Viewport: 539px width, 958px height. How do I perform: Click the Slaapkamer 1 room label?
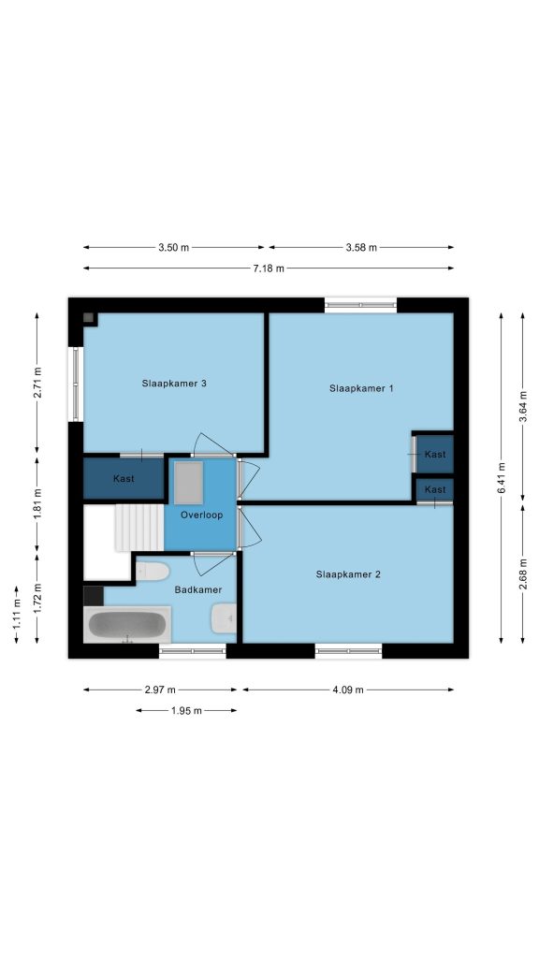pyautogui.click(x=361, y=388)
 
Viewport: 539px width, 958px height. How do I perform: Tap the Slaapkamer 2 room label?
pyautogui.click(x=348, y=574)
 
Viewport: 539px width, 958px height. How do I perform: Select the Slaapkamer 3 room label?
pyautogui.click(x=174, y=384)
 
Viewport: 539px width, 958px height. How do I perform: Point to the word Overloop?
pyautogui.click(x=202, y=515)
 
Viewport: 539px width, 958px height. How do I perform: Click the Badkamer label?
pyautogui.click(x=198, y=589)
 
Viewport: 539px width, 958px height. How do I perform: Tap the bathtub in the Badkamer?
pyautogui.click(x=127, y=624)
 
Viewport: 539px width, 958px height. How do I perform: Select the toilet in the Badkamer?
pyautogui.click(x=152, y=572)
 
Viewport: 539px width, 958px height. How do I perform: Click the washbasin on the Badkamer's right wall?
pyautogui.click(x=224, y=618)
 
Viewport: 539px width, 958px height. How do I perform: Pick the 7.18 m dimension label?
pyautogui.click(x=269, y=269)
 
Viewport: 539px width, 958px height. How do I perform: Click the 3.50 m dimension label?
pyautogui.click(x=173, y=247)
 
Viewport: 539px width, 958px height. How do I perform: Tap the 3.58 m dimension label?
pyautogui.click(x=361, y=247)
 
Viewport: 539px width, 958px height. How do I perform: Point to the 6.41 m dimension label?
pyautogui.click(x=502, y=478)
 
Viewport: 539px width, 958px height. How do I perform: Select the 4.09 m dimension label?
pyautogui.click(x=348, y=689)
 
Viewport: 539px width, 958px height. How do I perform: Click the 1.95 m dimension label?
pyautogui.click(x=186, y=711)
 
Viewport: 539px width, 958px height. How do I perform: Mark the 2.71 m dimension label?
pyautogui.click(x=37, y=383)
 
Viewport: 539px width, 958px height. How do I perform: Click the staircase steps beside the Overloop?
pyautogui.click(x=139, y=528)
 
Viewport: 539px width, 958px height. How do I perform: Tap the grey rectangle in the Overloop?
pyautogui.click(x=188, y=483)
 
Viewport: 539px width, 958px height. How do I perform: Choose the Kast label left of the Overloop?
pyautogui.click(x=124, y=478)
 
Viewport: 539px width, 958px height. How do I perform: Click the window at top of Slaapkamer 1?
pyautogui.click(x=360, y=305)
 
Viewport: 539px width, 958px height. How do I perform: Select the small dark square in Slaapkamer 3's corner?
pyautogui.click(x=89, y=318)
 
